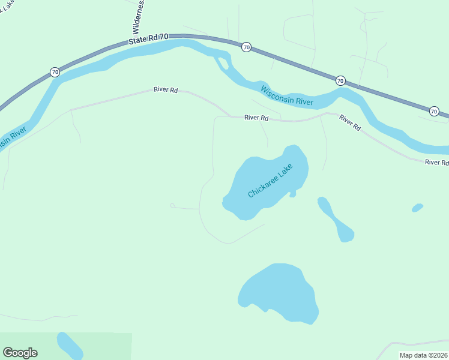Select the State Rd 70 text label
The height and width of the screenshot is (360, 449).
click(148, 38)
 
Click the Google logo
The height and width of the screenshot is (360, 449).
click(20, 353)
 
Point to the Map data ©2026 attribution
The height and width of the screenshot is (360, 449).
click(424, 355)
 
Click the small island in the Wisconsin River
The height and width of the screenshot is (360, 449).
click(222, 62)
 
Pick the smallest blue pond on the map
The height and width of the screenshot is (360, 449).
click(417, 208)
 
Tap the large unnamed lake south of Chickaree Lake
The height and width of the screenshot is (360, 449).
click(279, 292)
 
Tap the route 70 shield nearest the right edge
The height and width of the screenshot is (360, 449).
click(434, 111)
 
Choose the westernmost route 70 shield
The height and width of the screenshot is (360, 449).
click(55, 72)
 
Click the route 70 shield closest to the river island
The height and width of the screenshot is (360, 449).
click(246, 47)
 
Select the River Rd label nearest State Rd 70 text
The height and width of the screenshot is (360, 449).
click(166, 90)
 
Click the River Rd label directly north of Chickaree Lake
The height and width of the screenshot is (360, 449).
click(256, 118)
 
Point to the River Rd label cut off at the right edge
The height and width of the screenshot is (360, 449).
click(436, 163)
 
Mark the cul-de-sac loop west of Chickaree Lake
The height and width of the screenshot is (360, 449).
click(173, 206)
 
